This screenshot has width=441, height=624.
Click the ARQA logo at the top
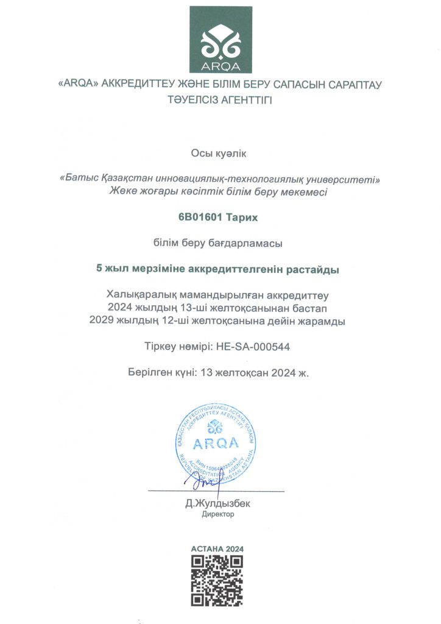tap(220, 40)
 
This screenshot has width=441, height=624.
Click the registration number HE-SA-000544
tap(253, 346)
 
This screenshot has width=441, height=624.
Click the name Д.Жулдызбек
tap(218, 504)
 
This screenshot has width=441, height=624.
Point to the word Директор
tap(218, 514)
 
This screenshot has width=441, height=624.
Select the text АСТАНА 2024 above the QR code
tap(217, 548)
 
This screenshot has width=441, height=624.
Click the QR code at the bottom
tap(217, 580)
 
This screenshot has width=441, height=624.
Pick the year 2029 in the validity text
tap(102, 321)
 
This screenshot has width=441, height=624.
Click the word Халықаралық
tap(138, 295)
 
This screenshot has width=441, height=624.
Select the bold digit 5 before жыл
tap(101, 268)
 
